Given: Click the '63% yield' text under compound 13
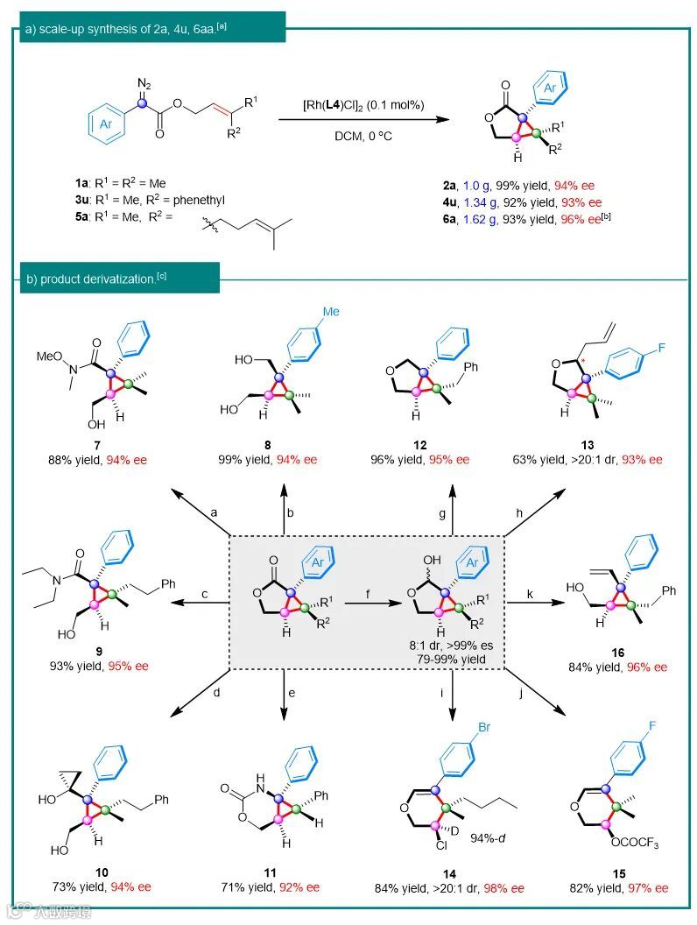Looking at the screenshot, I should point(540,459).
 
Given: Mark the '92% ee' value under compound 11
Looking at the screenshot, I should point(298,886).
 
